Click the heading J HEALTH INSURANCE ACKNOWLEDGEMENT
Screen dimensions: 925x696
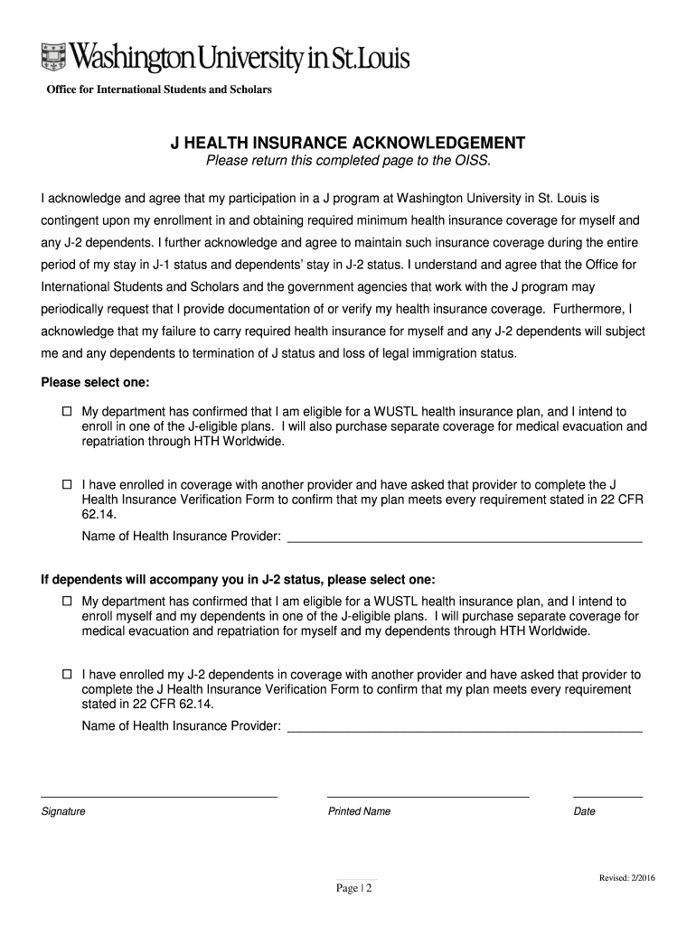(348, 144)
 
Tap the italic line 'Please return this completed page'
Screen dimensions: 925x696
(348, 162)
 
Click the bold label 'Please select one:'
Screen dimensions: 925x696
(95, 382)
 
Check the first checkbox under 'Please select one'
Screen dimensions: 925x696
(67, 411)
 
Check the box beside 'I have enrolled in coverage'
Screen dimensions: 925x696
(67, 485)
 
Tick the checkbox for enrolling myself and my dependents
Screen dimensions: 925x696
(67, 601)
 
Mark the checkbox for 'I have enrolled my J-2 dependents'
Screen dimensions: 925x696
(67, 675)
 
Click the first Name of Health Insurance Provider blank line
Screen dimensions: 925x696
(464, 539)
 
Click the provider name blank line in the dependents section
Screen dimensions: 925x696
(464, 729)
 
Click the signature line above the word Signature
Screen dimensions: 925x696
(159, 797)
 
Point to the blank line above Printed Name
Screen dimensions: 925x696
(428, 797)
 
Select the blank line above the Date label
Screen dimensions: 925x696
(608, 797)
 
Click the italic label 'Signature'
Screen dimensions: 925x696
(63, 811)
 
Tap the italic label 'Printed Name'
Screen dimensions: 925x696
(359, 811)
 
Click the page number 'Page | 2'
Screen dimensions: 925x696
(354, 888)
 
